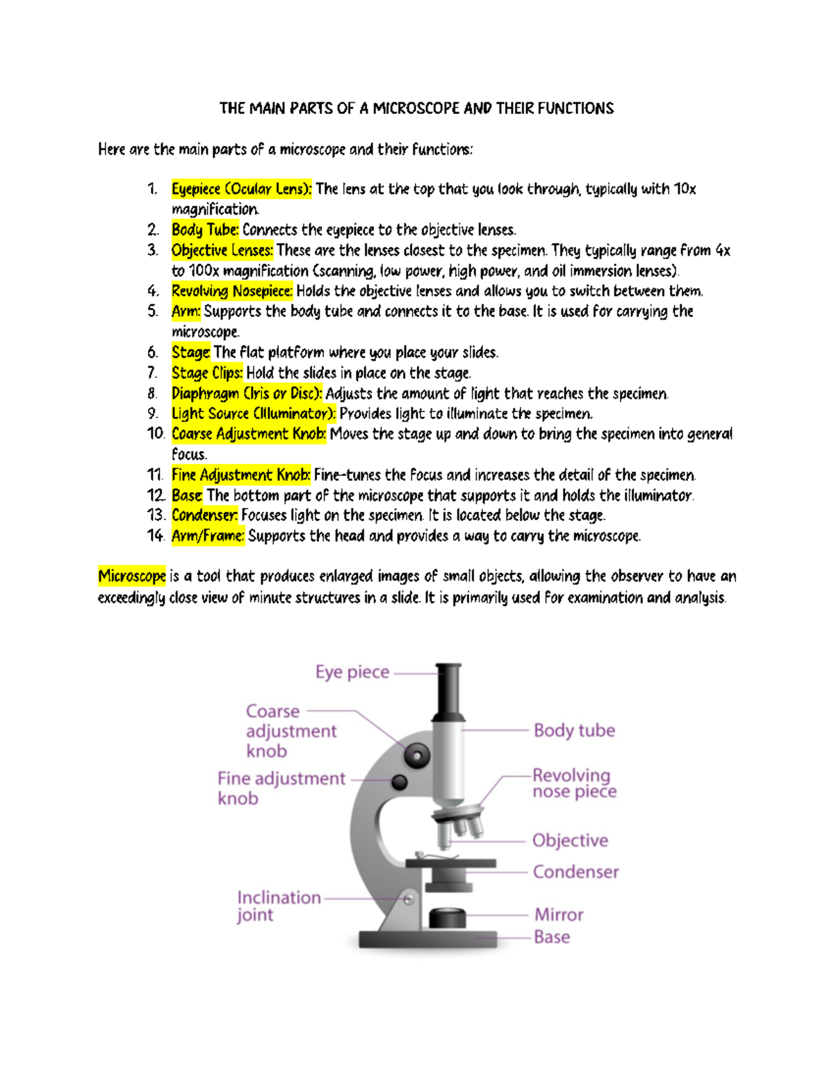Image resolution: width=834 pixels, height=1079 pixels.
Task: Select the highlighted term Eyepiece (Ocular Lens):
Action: [x=242, y=189]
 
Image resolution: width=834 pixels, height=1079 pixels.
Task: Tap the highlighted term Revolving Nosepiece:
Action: [x=232, y=291]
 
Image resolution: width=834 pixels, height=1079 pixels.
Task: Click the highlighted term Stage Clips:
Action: [x=207, y=373]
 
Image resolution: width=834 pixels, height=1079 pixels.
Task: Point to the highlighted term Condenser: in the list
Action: [x=204, y=516]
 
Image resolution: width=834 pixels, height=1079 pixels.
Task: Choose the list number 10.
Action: [x=155, y=434]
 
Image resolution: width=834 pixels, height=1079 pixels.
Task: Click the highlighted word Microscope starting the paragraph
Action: [x=132, y=576]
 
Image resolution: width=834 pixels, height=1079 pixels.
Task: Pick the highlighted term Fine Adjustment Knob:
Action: [x=241, y=475]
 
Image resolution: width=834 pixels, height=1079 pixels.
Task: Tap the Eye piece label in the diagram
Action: [x=352, y=672]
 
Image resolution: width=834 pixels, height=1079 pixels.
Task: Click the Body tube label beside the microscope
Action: [x=574, y=730]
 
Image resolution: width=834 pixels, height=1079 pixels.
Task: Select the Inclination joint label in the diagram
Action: [x=278, y=906]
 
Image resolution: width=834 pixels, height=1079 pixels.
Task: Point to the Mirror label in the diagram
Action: [x=559, y=914]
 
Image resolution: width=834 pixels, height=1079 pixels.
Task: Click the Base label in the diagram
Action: [x=552, y=937]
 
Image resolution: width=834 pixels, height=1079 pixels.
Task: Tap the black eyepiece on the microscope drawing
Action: [x=449, y=691]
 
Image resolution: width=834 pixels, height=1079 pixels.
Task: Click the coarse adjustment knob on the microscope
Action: [x=417, y=755]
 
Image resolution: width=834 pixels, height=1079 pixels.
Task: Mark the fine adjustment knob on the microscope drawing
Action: [x=400, y=782]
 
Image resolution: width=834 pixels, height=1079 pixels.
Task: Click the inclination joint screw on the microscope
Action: [x=409, y=899]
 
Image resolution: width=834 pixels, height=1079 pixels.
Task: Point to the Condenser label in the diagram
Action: [x=575, y=872]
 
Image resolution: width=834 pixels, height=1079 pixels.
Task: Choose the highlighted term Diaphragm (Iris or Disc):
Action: [x=247, y=393]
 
